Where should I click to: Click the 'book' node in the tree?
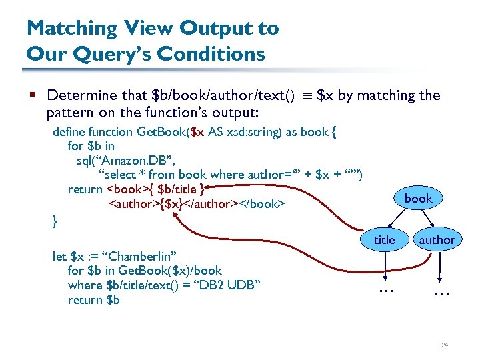[418, 198]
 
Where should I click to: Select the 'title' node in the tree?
[384, 239]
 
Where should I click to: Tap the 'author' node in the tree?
[437, 239]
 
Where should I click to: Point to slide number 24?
[444, 345]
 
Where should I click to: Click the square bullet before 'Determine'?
[33, 95]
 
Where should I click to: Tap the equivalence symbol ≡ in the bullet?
[305, 95]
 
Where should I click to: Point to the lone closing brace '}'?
[55, 219]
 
